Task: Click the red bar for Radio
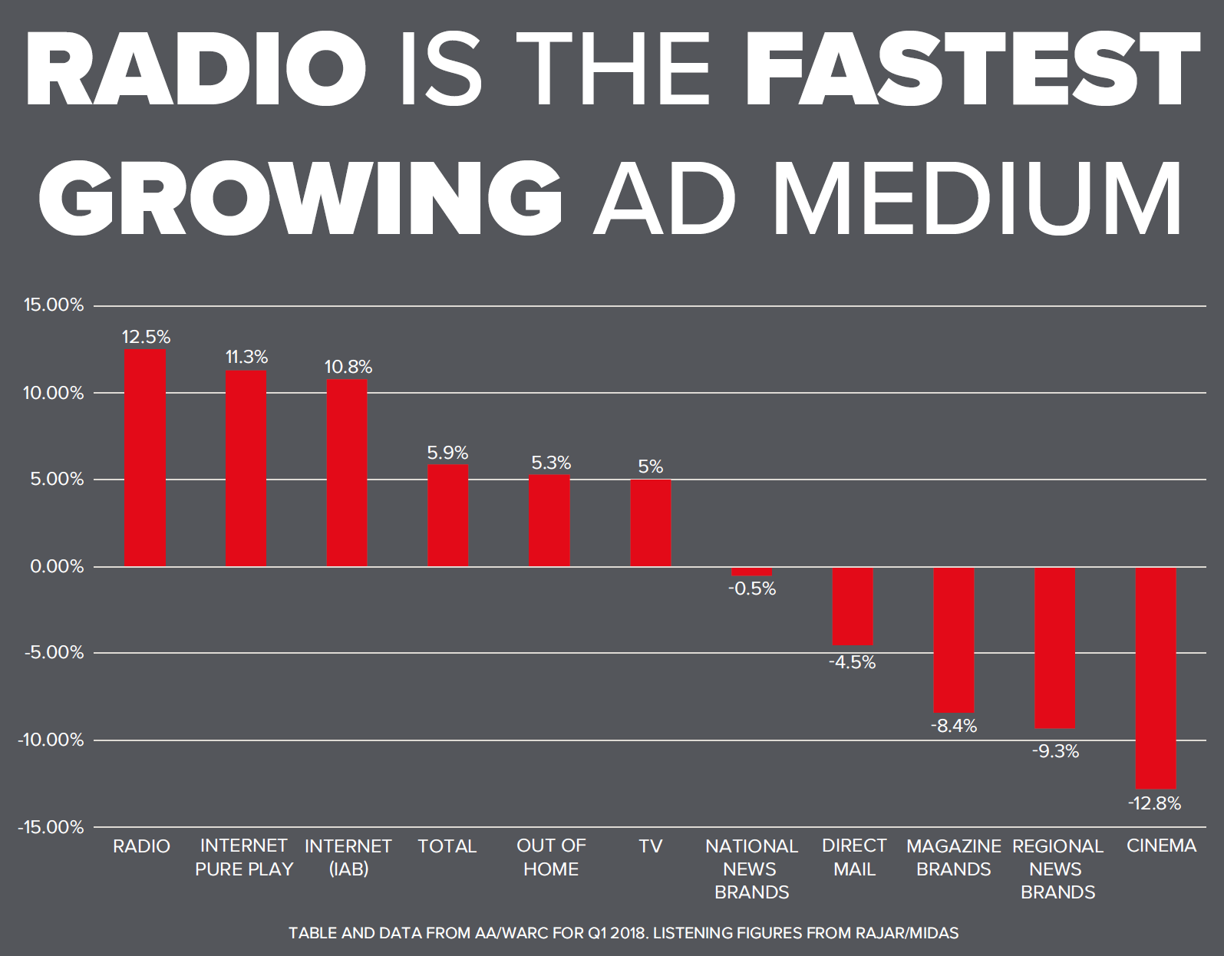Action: coord(145,458)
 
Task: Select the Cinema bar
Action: coord(1156,677)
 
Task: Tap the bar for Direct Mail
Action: coord(853,606)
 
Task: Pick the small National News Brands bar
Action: coord(751,572)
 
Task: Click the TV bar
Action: coord(651,523)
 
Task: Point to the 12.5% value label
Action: coord(146,337)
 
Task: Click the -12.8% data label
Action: coord(1154,803)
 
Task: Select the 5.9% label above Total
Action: coord(447,453)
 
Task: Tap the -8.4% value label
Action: coord(954,726)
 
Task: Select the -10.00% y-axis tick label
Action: coord(51,740)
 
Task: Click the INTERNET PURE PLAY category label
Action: coord(244,857)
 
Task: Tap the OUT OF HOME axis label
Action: coord(551,857)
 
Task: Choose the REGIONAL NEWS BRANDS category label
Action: coord(1057,869)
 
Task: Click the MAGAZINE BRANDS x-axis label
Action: coord(954,857)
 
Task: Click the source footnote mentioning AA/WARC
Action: coord(623,933)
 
